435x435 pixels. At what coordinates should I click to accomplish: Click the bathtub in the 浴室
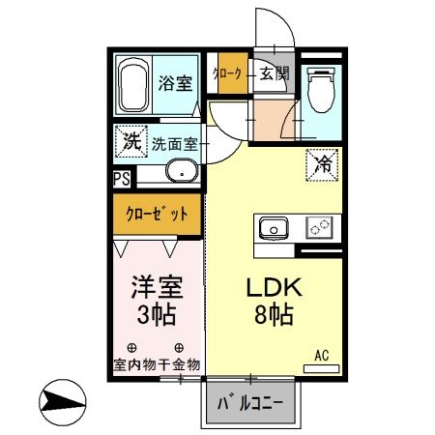coord(134,86)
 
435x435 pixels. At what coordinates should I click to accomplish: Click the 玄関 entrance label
coord(274,73)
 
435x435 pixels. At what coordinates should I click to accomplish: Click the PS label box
coord(121,178)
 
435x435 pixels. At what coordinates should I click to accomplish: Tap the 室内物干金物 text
coord(155,364)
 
